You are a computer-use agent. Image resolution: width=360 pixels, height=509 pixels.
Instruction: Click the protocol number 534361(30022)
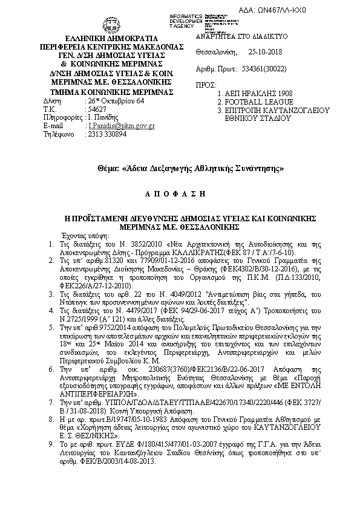(x=264, y=70)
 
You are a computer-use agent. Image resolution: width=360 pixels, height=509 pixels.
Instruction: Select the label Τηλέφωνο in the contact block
(x=57, y=134)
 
